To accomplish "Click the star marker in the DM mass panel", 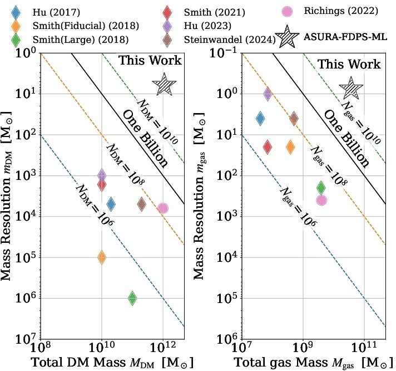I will pyautogui.click(x=164, y=85).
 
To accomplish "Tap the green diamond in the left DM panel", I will pyautogui.click(x=132, y=298).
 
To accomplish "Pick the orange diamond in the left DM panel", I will pyautogui.click(x=102, y=257).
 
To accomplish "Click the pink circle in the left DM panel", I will pyautogui.click(x=163, y=208).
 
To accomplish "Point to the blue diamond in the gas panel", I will pyautogui.click(x=260, y=118).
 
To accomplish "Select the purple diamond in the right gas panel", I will pyautogui.click(x=268, y=94).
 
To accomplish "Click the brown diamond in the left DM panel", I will pyautogui.click(x=142, y=204).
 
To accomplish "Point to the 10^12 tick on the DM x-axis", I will pyautogui.click(x=163, y=348).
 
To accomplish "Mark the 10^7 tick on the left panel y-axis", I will pyautogui.click(x=25, y=339).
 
